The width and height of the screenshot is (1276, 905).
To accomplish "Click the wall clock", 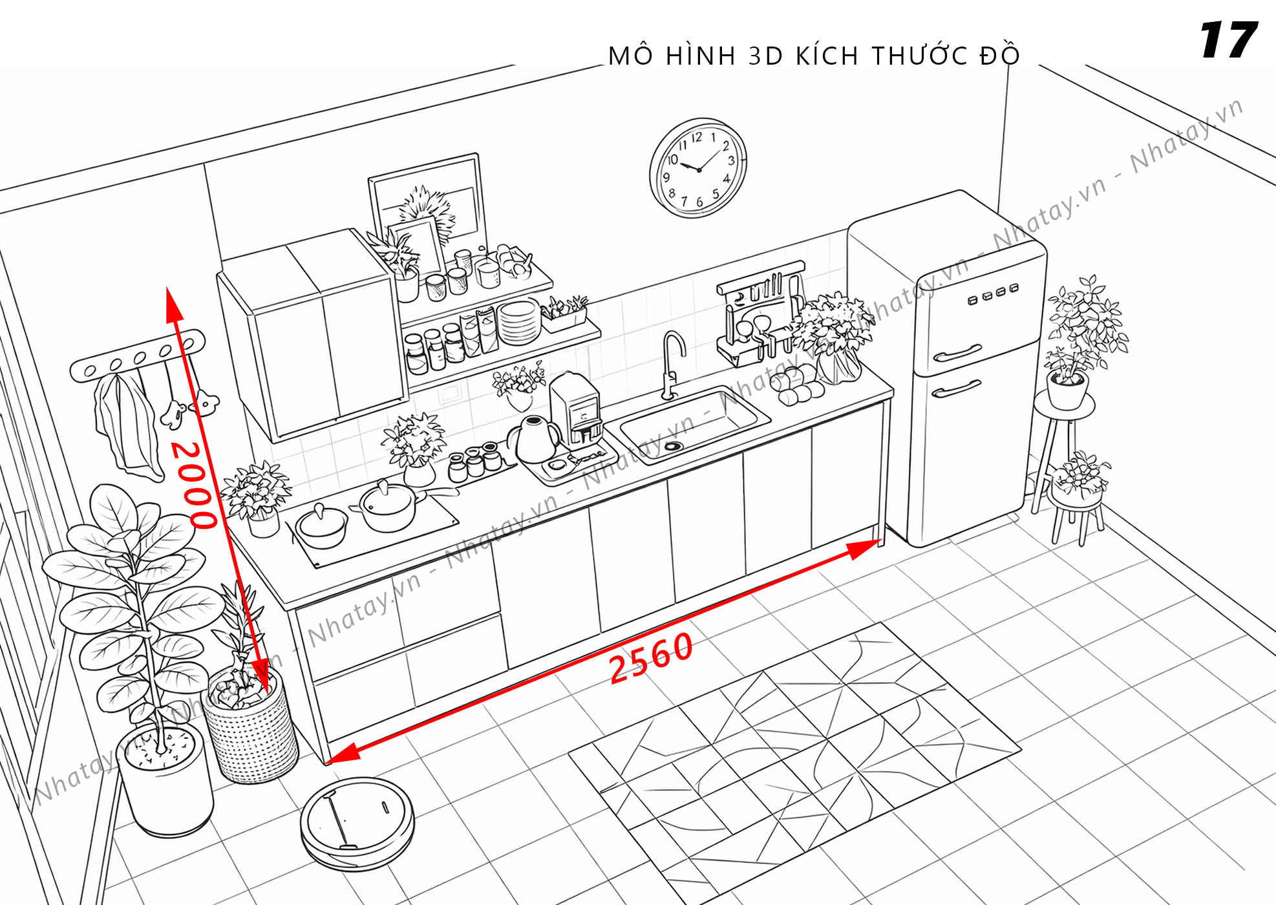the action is pos(698,167).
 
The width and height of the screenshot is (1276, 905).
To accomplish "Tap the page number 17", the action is pos(1228,40).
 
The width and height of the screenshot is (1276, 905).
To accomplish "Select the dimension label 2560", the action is pos(651,657).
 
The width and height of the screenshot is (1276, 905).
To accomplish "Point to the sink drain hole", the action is pos(673,445).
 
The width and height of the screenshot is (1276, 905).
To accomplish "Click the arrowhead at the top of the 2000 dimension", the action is pos(173,304).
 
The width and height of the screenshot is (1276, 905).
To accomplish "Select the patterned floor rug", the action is pos(794,763).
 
